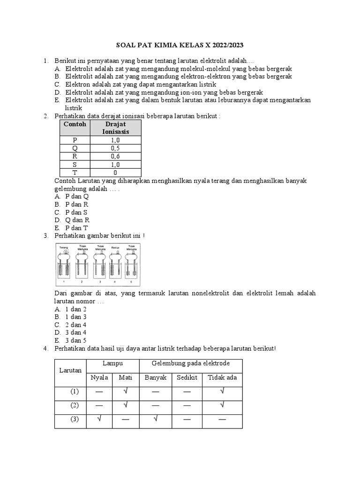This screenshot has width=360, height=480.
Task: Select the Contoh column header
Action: pyautogui.click(x=75, y=124)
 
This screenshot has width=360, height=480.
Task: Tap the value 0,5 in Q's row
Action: pyautogui.click(x=115, y=148)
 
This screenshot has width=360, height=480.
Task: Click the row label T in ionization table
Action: pyautogui.click(x=75, y=172)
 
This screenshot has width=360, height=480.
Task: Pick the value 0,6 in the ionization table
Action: pyautogui.click(x=115, y=156)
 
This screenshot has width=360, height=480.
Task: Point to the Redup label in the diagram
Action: pyautogui.click(x=115, y=246)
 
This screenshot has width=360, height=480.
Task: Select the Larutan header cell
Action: pyautogui.click(x=70, y=370)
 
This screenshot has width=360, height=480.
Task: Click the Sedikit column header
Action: pyautogui.click(x=187, y=377)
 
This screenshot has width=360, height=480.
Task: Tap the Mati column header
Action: pyautogui.click(x=126, y=377)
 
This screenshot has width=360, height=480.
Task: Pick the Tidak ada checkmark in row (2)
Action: pyautogui.click(x=222, y=405)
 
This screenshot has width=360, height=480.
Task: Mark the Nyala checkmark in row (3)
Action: pyautogui.click(x=99, y=419)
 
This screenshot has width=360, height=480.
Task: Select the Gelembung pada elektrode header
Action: pyautogui.click(x=190, y=364)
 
